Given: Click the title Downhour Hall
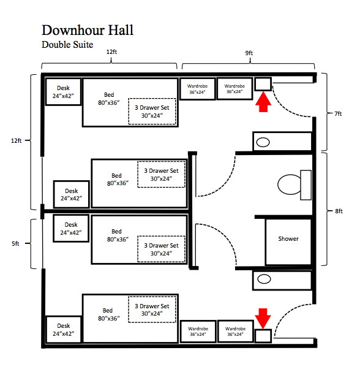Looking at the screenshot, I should pyautogui.click(x=87, y=29).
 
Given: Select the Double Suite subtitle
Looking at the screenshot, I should pyautogui.click(x=67, y=44).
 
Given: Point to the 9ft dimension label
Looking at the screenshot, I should pyautogui.click(x=249, y=53).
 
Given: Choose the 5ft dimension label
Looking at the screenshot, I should pyautogui.click(x=17, y=243).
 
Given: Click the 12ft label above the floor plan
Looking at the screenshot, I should pyautogui.click(x=111, y=53).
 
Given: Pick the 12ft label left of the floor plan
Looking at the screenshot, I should pyautogui.click(x=16, y=140).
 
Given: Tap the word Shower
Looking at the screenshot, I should pyautogui.click(x=288, y=238).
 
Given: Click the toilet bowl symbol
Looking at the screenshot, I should pyautogui.click(x=290, y=183).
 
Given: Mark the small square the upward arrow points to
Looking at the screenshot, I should pyautogui.click(x=263, y=84).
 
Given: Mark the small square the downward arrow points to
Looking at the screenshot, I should pyautogui.click(x=263, y=335).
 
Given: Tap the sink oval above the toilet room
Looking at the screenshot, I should pyautogui.click(x=263, y=142).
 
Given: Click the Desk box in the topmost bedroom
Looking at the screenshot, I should pyautogui.click(x=64, y=92).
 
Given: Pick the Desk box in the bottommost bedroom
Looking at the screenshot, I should pyautogui.click(x=64, y=330).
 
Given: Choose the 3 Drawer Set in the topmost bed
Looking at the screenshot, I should pyautogui.click(x=152, y=112).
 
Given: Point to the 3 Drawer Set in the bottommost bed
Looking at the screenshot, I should pyautogui.click(x=152, y=310).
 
